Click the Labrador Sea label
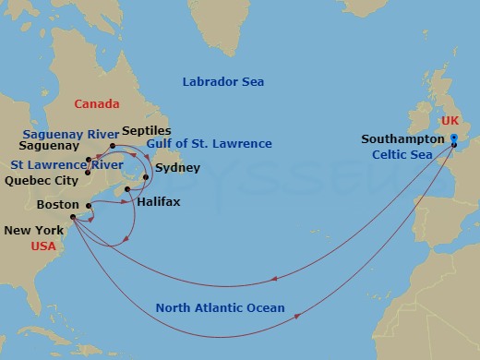pyautogui.click(x=222, y=82)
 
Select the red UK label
pyautogui.click(x=448, y=120)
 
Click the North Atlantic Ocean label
pyautogui.click(x=220, y=308)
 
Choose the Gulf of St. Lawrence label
pyautogui.click(x=209, y=144)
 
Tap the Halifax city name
pyautogui.click(x=158, y=199)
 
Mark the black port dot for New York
pyautogui.click(x=72, y=217)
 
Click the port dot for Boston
pyautogui.click(x=88, y=206)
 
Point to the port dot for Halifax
pyautogui.click(x=126, y=190)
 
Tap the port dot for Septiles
pyautogui.click(x=113, y=146)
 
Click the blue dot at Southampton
pyautogui.click(x=454, y=138)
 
